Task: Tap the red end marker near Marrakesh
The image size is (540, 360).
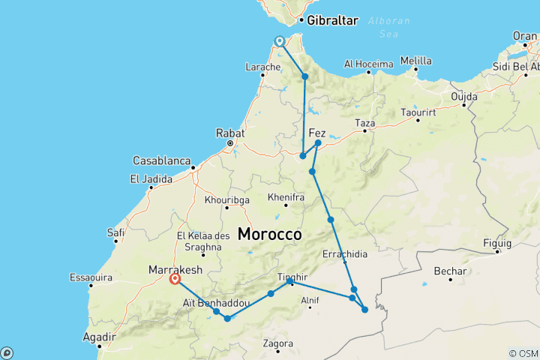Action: click(x=175, y=279)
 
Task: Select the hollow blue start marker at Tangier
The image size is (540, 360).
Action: click(x=280, y=41)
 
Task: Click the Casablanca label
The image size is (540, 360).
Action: click(x=160, y=160)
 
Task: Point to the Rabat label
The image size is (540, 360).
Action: click(x=230, y=132)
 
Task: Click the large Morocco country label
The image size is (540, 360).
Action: click(x=270, y=234)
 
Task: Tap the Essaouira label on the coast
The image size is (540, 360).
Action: click(x=91, y=277)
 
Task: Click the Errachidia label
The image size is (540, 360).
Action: click(x=344, y=254)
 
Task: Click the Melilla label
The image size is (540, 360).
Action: click(x=415, y=61)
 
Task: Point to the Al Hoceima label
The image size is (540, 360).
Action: click(x=368, y=64)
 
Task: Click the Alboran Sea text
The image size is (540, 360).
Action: click(x=386, y=26)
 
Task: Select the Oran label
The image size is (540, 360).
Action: click(x=525, y=35)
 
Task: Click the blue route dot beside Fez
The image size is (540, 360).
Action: click(x=318, y=142)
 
